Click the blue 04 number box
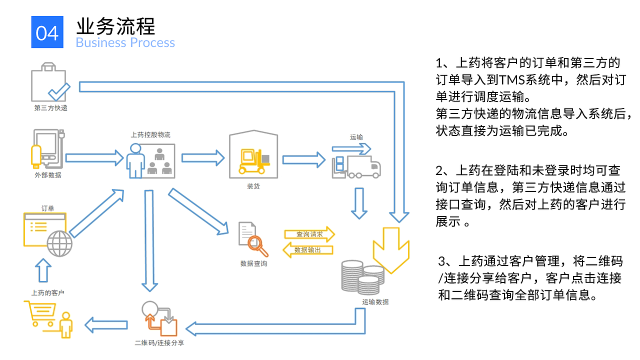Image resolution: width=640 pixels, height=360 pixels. (47, 32)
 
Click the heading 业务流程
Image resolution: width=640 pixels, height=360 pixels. (115, 25)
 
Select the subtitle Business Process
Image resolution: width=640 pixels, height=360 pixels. (125, 42)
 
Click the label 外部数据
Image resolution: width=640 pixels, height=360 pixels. (48, 175)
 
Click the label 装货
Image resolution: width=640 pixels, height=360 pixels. (253, 186)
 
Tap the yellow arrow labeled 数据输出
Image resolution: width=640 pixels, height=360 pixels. (308, 250)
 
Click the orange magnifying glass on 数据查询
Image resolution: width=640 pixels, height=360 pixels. (258, 244)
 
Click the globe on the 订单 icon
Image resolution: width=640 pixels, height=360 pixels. (59, 244)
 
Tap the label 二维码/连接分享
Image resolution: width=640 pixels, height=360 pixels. (159, 343)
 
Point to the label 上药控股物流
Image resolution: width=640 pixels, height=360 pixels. (150, 134)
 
